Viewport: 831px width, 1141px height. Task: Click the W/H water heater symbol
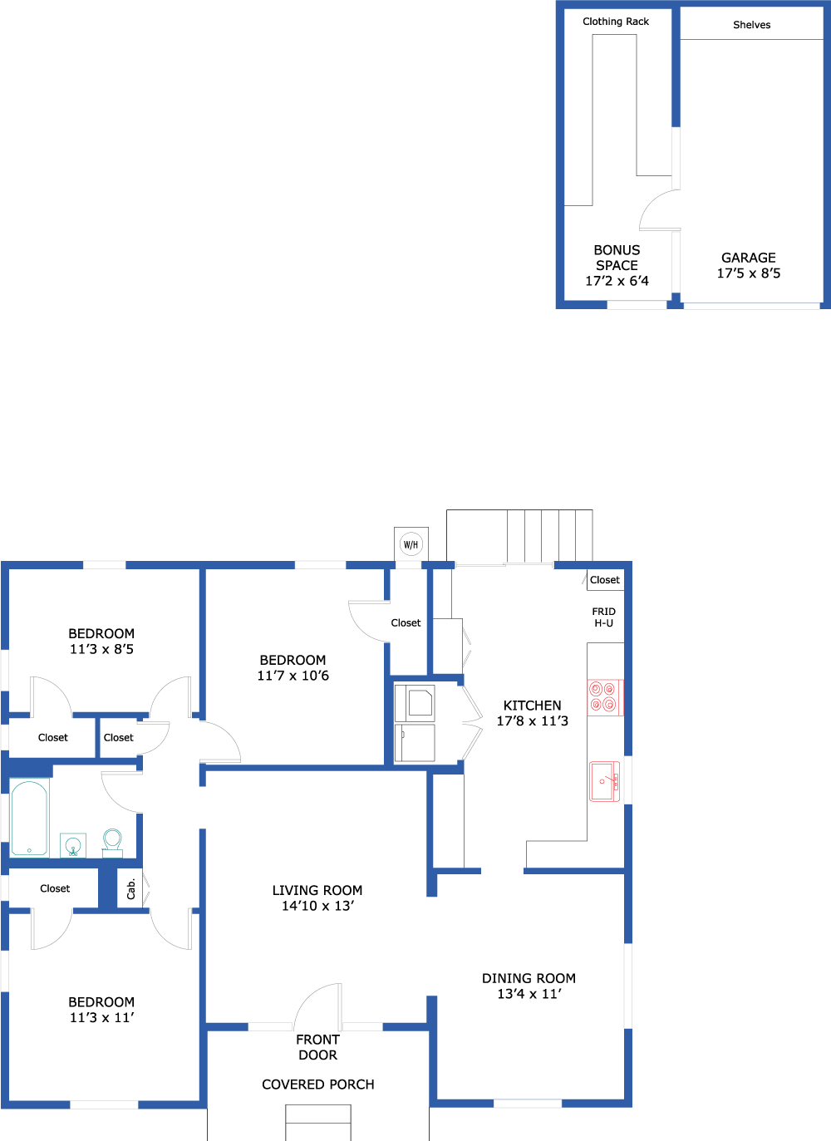coord(411,544)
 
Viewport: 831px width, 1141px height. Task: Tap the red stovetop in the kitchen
coord(605,697)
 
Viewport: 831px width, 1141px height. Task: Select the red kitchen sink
coord(605,781)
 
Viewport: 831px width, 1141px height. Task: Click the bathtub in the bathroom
coord(30,818)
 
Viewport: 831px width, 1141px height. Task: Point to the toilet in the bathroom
coord(112,843)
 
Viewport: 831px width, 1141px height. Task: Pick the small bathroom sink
coord(73,845)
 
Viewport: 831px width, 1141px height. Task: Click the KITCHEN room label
coord(532,705)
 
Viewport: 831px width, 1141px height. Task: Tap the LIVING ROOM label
coord(317,890)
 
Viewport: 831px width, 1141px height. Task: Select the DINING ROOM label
coord(529,978)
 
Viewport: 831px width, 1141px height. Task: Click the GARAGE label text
coord(749,258)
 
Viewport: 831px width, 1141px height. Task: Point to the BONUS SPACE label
coord(617,258)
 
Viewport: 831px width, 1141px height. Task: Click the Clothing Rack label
coord(616,22)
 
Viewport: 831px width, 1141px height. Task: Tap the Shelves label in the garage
coord(751,24)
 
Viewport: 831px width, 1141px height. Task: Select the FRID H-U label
coord(604,617)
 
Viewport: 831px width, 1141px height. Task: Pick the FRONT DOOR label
coord(318,1047)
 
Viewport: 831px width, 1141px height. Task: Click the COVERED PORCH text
coord(318,1084)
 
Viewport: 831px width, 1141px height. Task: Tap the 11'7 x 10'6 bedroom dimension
coord(293,676)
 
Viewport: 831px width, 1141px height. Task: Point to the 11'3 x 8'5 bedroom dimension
coord(101,649)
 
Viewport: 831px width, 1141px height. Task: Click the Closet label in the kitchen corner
coord(605,580)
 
